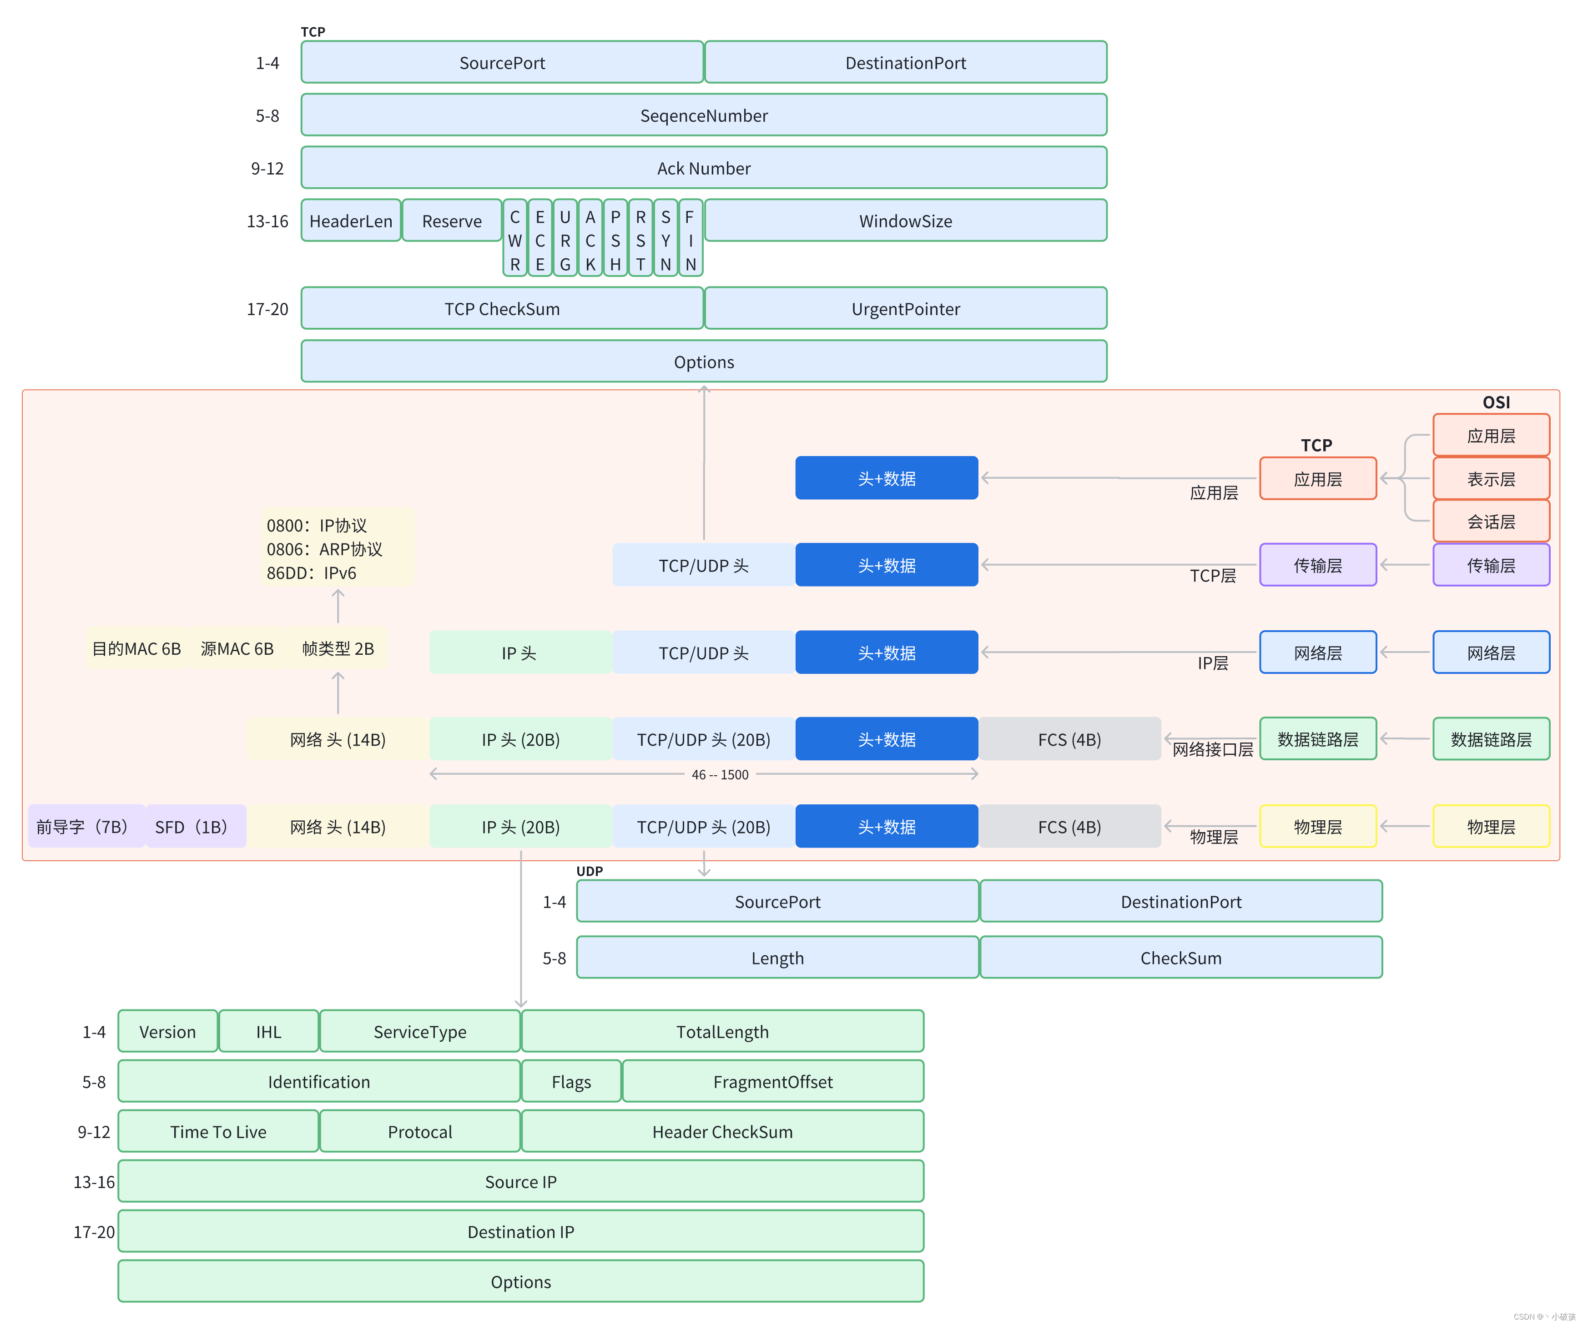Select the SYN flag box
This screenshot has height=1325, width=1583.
[665, 239]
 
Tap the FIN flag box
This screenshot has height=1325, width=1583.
[691, 239]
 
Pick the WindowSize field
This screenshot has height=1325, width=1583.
[905, 221]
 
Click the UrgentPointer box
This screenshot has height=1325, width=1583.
[905, 309]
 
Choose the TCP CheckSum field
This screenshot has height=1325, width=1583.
[502, 309]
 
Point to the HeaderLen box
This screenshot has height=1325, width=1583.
[351, 221]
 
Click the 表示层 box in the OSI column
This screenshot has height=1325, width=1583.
[1490, 479]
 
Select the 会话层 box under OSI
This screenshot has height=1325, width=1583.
[1490, 522]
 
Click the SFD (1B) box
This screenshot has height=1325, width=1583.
[195, 827]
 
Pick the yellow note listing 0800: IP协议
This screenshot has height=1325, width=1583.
[338, 549]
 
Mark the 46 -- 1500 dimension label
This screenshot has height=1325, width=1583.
[720, 775]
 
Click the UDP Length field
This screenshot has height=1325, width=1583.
[777, 958]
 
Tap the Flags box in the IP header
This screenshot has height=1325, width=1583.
[570, 1082]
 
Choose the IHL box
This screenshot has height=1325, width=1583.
[268, 1032]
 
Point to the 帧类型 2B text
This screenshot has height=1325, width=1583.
[338, 649]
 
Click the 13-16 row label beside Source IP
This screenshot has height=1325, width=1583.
[93, 1182]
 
